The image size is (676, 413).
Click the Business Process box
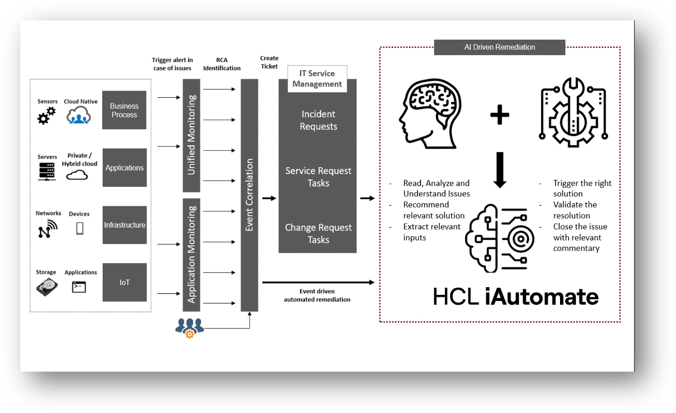tap(124, 111)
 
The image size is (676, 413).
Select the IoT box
tap(124, 282)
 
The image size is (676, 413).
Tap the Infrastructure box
tap(124, 225)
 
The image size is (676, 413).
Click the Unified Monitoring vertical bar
tap(191, 134)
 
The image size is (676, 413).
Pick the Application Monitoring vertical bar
tap(191, 254)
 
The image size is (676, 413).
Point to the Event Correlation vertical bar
tap(249, 195)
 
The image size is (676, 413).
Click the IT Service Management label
tap(317, 79)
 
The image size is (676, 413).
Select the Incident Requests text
tap(318, 120)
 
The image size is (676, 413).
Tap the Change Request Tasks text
tap(318, 234)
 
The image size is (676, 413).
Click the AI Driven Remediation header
tap(499, 47)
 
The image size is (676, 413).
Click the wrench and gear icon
tap(574, 108)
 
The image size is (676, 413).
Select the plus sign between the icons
tap(499, 116)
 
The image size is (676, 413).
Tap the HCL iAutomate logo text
tap(515, 297)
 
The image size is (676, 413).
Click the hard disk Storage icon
tap(47, 288)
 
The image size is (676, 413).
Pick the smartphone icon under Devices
tap(80, 228)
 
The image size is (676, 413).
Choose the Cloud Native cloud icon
tap(79, 117)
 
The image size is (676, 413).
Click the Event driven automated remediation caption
tap(317, 296)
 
